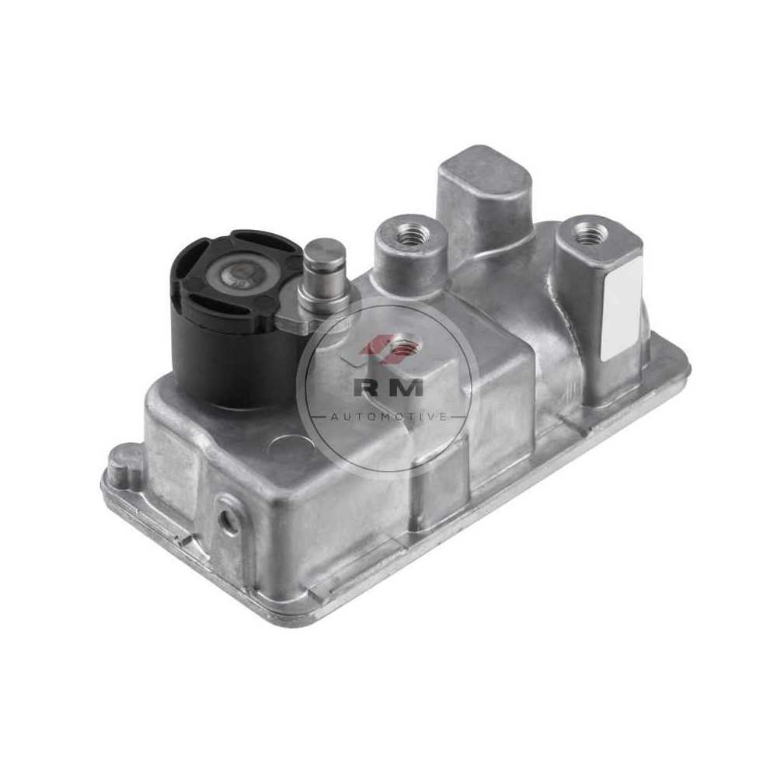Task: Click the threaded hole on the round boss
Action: [x=410, y=233]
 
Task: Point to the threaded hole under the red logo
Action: [x=404, y=346]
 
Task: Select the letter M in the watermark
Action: [x=407, y=388]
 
